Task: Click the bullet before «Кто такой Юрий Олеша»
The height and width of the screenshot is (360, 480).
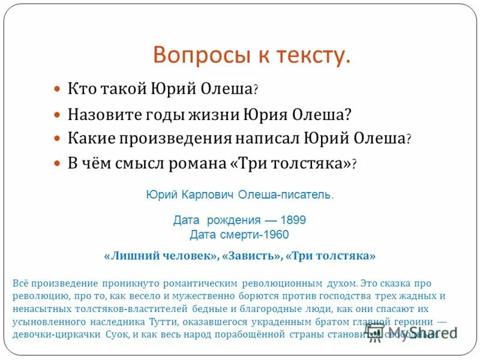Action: click(x=57, y=88)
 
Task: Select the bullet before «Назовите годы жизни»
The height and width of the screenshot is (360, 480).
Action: click(x=57, y=113)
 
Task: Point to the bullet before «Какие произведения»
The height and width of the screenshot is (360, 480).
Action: click(x=57, y=138)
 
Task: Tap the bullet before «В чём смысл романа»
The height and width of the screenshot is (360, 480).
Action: click(x=57, y=163)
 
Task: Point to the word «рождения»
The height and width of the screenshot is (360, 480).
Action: click(x=231, y=220)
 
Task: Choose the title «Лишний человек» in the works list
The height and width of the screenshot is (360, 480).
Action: click(x=161, y=256)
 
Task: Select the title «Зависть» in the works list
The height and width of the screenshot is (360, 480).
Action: click(x=251, y=256)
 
